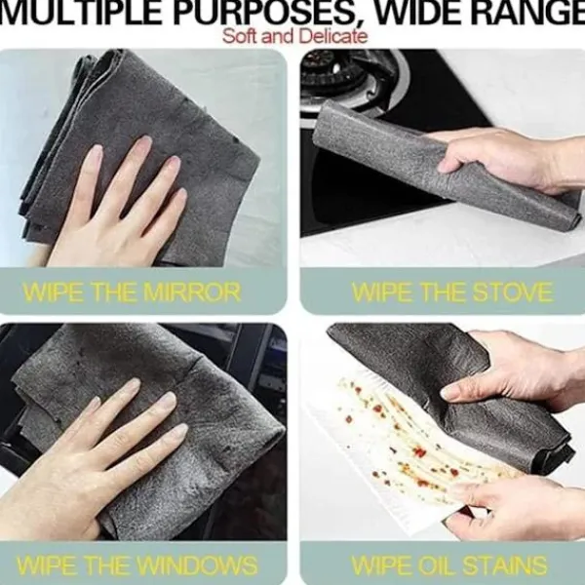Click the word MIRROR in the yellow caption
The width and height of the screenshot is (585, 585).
(x=192, y=292)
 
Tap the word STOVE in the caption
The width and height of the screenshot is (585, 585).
(x=513, y=292)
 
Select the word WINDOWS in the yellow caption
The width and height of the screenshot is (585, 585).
(x=197, y=565)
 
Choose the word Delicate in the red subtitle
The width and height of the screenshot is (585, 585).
(x=333, y=37)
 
